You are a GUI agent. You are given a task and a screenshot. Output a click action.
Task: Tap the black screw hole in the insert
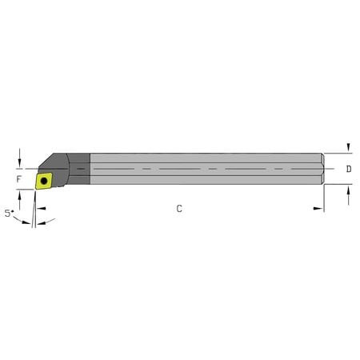(44, 182)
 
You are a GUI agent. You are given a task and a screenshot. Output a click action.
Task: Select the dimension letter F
(18, 180)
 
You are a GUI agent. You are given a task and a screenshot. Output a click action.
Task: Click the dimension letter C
(179, 209)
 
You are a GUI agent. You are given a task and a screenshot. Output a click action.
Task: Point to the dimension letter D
(348, 170)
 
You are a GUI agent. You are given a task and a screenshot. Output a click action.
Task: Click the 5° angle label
(9, 214)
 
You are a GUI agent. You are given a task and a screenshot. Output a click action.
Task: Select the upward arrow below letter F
(19, 198)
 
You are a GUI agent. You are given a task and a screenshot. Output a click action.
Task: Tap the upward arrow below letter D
(348, 191)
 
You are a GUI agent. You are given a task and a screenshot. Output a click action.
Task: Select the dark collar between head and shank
(82, 170)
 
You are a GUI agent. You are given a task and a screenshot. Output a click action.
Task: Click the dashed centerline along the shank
(200, 170)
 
